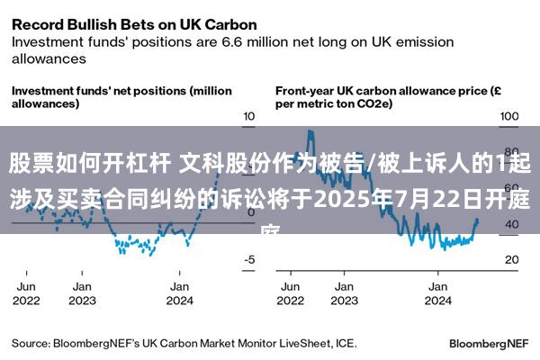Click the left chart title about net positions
pos(121,97)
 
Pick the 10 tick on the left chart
pos(249,117)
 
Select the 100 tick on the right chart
pos(509,117)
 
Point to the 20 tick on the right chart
pos(511,260)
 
